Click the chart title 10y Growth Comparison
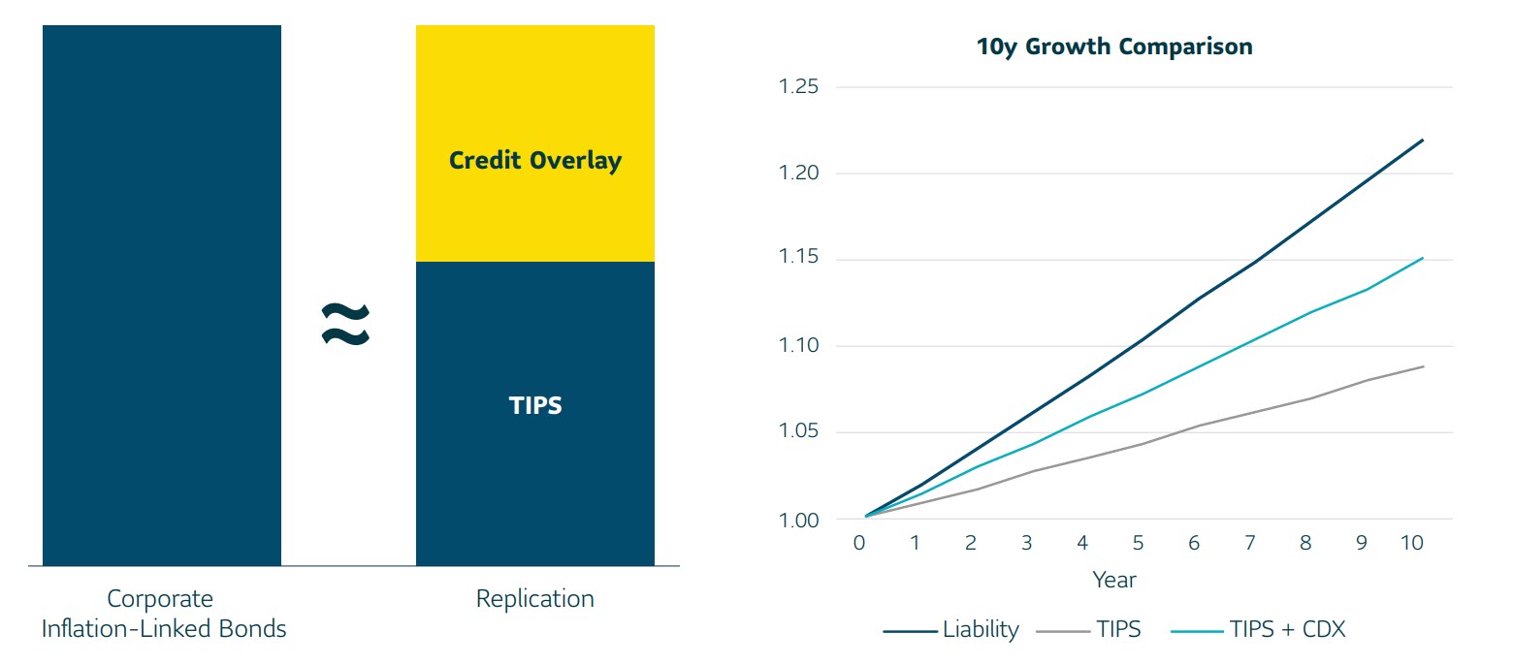[1114, 47]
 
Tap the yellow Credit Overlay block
[535, 143]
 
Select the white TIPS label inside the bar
[535, 405]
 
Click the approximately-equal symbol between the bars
[345, 324]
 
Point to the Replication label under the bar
[535, 598]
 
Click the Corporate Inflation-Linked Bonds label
[164, 614]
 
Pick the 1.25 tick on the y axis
[798, 86]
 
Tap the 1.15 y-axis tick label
[798, 257]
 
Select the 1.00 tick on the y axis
[798, 521]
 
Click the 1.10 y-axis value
[798, 345]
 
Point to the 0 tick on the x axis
[859, 543]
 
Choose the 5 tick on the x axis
[1138, 543]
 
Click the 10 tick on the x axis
[1412, 543]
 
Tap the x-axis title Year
[1114, 580]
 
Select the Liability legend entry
[951, 629]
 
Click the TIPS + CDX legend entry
[1258, 629]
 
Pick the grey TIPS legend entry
[1088, 629]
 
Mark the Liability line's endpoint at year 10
[1423, 140]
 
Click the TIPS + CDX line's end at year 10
[1423, 257]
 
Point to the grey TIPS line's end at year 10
[1423, 366]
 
